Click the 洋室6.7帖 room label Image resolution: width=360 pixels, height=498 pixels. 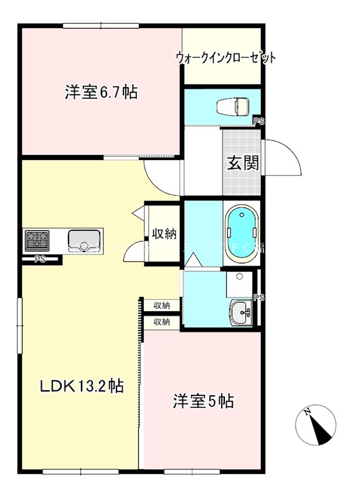[x=101, y=93]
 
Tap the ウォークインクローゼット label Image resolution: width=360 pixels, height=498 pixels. [x=225, y=58]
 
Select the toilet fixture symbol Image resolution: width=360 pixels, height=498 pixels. [x=233, y=106]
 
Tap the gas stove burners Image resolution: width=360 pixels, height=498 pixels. [x=37, y=238]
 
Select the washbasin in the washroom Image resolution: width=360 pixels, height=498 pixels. [x=241, y=311]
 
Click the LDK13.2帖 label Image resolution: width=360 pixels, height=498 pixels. [x=81, y=387]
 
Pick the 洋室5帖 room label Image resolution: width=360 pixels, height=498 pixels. [x=203, y=402]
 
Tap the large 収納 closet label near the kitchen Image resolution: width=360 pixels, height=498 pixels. [x=164, y=234]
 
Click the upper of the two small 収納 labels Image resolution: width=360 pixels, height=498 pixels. [x=162, y=305]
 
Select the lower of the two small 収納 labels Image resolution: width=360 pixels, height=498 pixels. [x=162, y=321]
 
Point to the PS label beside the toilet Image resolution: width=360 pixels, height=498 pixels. [x=258, y=121]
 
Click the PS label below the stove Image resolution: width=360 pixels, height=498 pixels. [x=40, y=259]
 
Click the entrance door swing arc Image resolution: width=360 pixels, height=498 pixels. [x=285, y=161]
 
